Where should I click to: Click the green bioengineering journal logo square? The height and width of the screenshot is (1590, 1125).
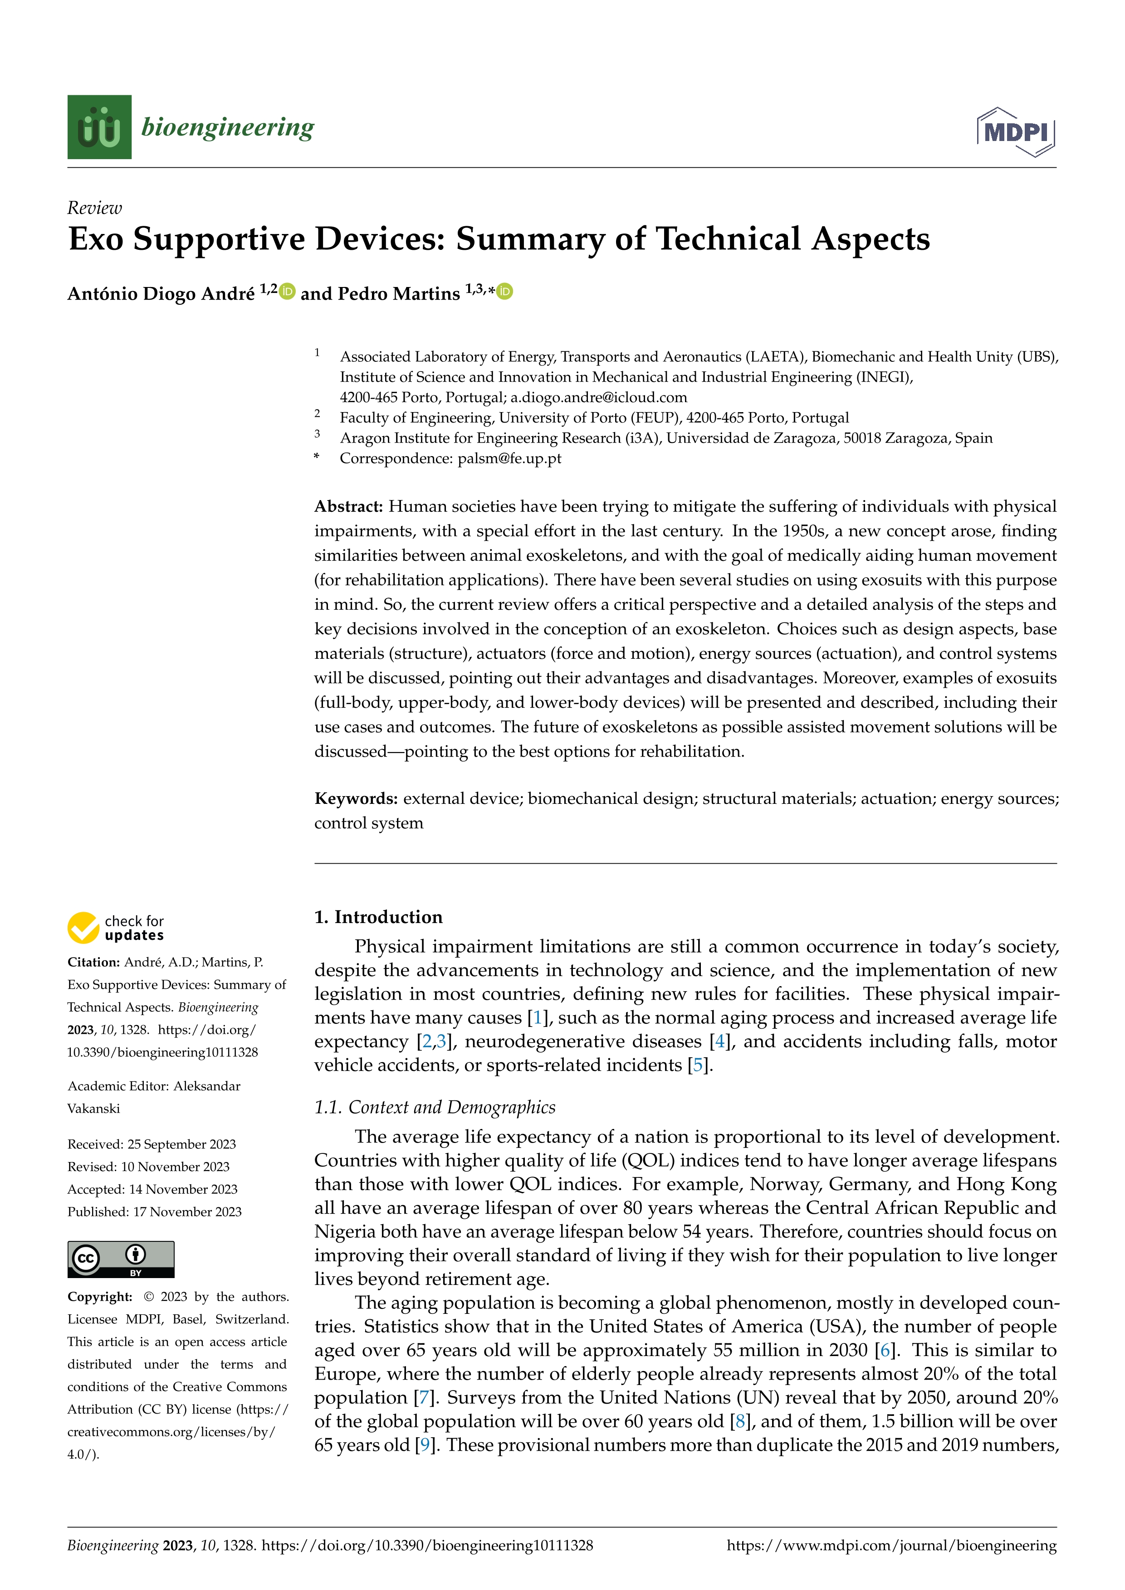pyautogui.click(x=99, y=127)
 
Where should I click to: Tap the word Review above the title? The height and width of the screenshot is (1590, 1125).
pyautogui.click(x=94, y=208)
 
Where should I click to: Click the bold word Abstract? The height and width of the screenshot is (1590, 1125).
pyautogui.click(x=348, y=506)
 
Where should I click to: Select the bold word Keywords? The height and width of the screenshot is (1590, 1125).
pyautogui.click(x=355, y=798)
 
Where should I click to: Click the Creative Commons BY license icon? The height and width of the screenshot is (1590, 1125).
pyautogui.click(x=121, y=1259)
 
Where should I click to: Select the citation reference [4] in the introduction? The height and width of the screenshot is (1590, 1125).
pyautogui.click(x=720, y=1041)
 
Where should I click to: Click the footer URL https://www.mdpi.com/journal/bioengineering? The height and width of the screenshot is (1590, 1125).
pyautogui.click(x=891, y=1546)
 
